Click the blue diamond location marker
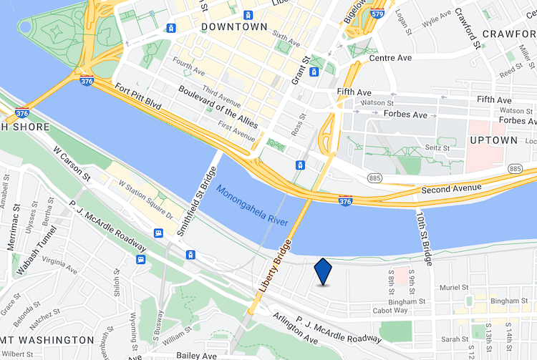point(323,272)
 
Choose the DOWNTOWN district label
point(234,27)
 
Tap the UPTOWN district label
point(493,140)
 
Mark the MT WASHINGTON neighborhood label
point(47,339)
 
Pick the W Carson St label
point(72,164)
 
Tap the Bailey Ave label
point(196,356)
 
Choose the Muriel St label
point(454,288)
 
